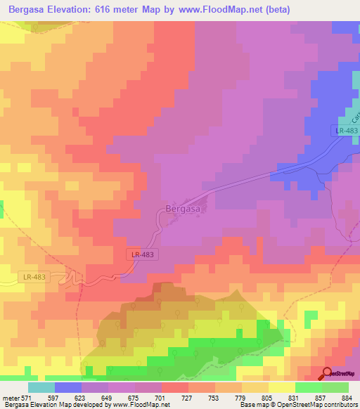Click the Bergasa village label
point(182,209)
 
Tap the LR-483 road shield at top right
point(345,131)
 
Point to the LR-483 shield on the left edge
point(32,277)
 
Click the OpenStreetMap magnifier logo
point(327,373)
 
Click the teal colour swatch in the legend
point(41,387)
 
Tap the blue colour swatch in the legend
point(68,387)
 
